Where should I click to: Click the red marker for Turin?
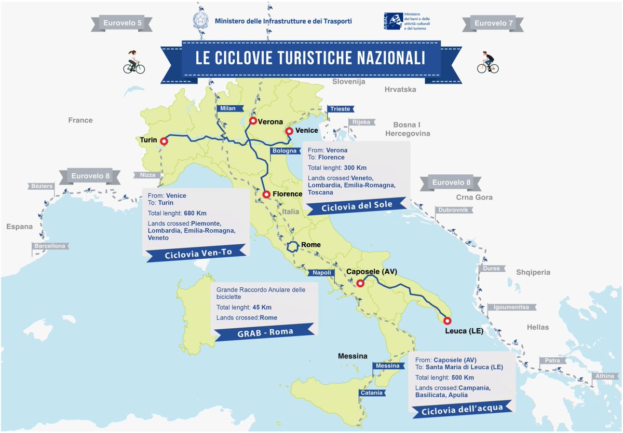click(x=164, y=141)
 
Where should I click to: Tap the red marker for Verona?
click(x=252, y=121)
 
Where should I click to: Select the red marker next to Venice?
click(x=289, y=132)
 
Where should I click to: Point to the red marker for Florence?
click(x=266, y=194)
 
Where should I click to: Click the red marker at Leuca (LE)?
click(x=447, y=320)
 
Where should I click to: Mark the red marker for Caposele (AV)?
click(x=359, y=283)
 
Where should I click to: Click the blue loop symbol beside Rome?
click(x=294, y=246)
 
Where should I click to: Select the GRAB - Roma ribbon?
click(x=264, y=332)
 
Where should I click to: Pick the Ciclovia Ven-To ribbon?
click(x=197, y=254)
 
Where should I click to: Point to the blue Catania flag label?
click(x=372, y=393)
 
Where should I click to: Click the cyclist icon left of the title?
click(x=134, y=62)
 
